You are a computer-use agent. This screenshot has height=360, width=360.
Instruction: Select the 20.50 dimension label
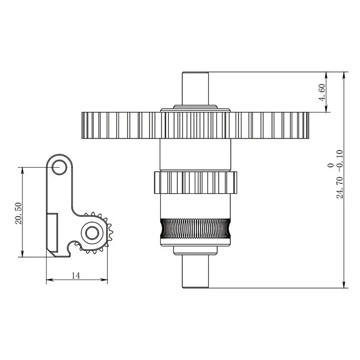click(19, 213)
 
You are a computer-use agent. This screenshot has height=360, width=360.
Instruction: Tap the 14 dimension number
click(76, 275)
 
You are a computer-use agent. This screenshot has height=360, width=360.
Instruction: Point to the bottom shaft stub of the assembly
click(195, 272)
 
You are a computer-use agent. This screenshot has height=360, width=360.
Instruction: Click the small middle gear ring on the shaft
click(195, 183)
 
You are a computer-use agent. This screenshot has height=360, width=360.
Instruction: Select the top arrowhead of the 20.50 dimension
click(23, 170)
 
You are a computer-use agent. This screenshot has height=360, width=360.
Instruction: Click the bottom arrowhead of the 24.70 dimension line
click(344, 285)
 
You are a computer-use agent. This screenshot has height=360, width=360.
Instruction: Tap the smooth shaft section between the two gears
click(195, 155)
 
